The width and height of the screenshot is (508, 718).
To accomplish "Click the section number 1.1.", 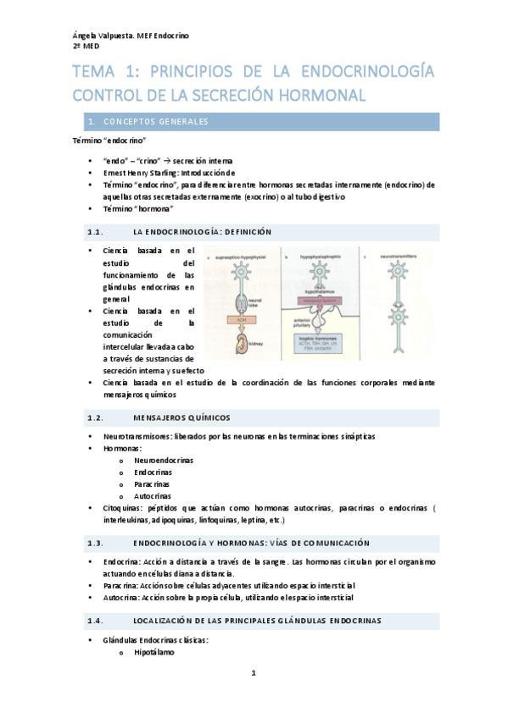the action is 95,232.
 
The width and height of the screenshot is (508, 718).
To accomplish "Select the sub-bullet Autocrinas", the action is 153,495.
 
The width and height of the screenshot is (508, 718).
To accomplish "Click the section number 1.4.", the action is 95,621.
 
